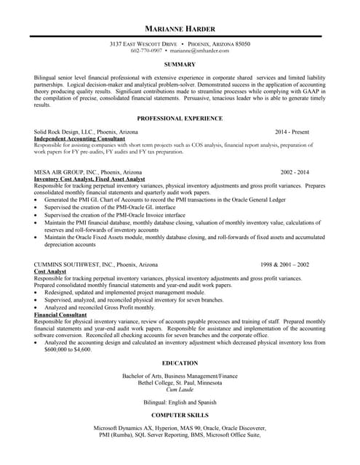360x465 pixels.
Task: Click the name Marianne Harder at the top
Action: click(x=180, y=28)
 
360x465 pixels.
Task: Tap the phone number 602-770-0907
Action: click(x=146, y=51)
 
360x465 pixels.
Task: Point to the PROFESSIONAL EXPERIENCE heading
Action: click(x=180, y=118)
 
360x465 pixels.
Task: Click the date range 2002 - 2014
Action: click(x=295, y=172)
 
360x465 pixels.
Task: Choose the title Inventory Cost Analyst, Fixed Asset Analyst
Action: click(x=89, y=179)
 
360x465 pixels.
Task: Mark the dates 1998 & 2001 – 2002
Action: click(x=285, y=264)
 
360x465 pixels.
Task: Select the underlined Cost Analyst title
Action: click(x=50, y=271)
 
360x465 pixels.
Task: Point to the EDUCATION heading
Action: click(x=180, y=363)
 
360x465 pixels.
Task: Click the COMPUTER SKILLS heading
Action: click(x=180, y=415)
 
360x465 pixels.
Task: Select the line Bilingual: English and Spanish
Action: click(x=180, y=402)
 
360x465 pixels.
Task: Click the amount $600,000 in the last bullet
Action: click(x=56, y=349)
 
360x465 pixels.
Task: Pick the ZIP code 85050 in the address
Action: click(x=241, y=44)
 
